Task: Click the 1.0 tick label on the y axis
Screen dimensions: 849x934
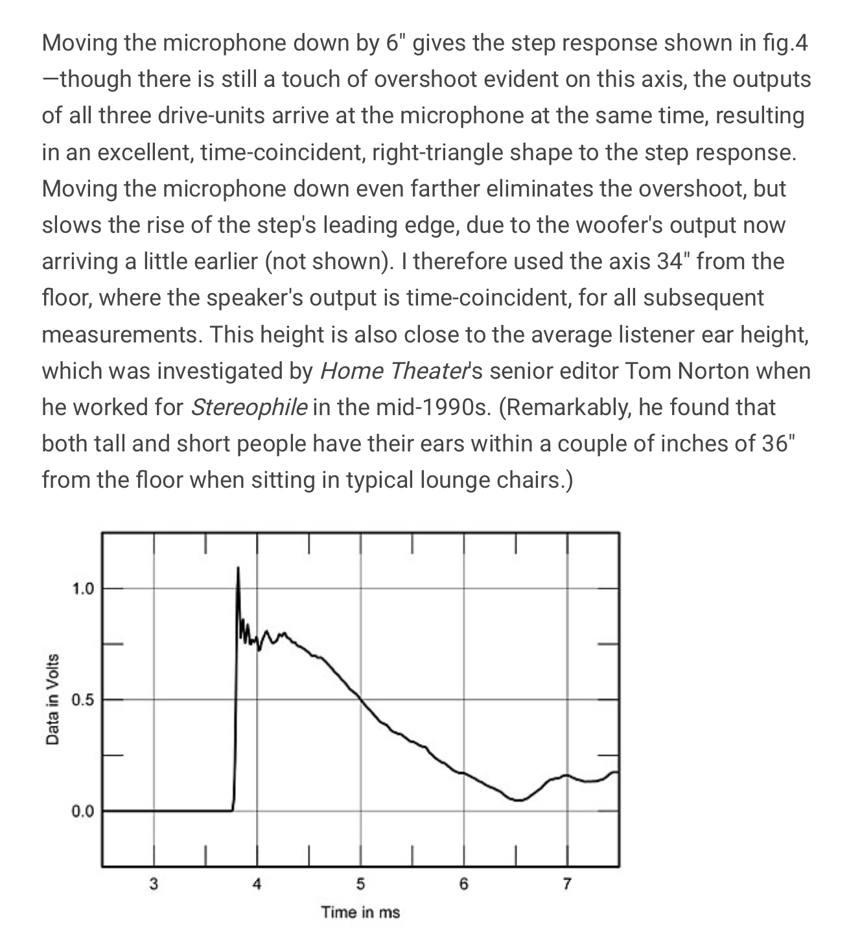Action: point(82,589)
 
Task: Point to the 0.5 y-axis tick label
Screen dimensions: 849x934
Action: point(82,700)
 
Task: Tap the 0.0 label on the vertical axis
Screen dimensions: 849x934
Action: point(82,811)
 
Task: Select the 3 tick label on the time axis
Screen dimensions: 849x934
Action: point(154,883)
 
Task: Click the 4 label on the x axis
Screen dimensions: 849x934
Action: point(257,883)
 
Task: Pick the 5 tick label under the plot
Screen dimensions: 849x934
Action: point(360,883)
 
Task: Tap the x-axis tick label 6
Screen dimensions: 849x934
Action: point(464,883)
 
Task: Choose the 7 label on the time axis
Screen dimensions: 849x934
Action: point(567,883)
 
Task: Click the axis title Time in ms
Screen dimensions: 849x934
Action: point(360,912)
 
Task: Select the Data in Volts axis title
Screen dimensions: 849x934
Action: point(52,699)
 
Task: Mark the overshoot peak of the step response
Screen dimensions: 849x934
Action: point(238,568)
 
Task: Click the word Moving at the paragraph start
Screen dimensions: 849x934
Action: point(80,43)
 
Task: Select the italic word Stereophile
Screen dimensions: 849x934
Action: point(250,407)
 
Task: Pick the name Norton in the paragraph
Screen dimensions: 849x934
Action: point(716,371)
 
